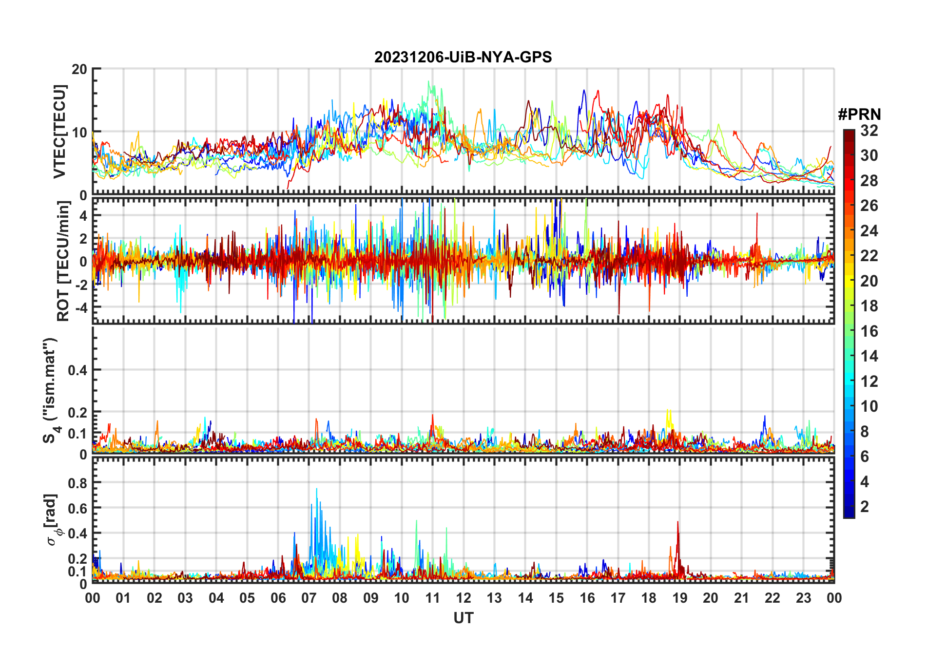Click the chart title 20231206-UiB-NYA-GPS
click(463, 57)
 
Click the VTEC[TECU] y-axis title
click(59, 132)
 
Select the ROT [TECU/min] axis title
click(63, 261)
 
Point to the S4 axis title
click(50, 390)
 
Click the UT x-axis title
click(463, 618)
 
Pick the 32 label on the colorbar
click(869, 131)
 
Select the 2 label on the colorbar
click(865, 507)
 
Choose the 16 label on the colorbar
click(869, 331)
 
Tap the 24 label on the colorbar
click(869, 231)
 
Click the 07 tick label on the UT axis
click(309, 598)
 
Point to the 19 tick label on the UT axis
click(680, 598)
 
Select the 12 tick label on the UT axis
click(463, 598)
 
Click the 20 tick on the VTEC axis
click(79, 69)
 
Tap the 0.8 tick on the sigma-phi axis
click(77, 483)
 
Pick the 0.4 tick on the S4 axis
click(77, 370)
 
